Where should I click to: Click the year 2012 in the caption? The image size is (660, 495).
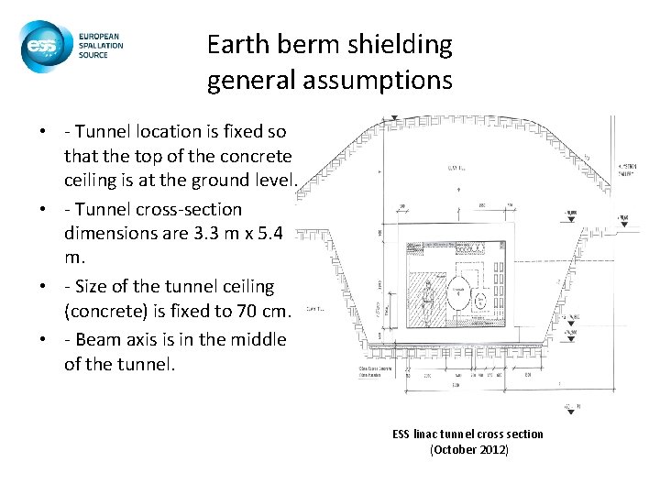click(x=491, y=449)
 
